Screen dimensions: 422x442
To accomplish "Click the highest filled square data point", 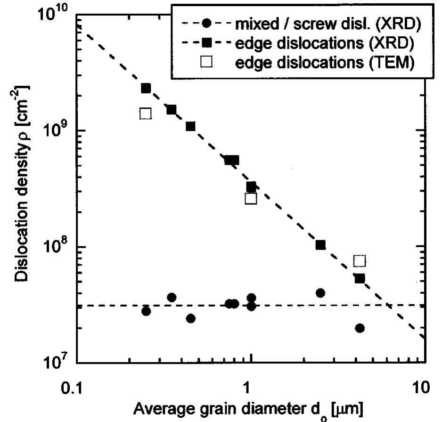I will click(x=146, y=88).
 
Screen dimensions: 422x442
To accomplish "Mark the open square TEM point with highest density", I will click(x=146, y=114).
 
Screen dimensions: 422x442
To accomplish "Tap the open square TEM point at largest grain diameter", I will click(x=360, y=261).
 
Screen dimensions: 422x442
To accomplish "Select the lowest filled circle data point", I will click(x=360, y=328).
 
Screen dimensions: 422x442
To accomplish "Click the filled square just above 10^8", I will click(x=320, y=245).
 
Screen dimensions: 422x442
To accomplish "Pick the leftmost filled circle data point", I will click(x=146, y=311).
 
